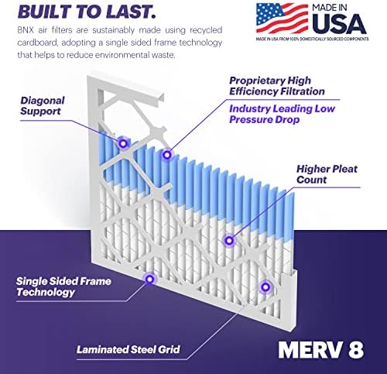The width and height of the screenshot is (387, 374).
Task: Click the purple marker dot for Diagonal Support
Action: tap(122, 142)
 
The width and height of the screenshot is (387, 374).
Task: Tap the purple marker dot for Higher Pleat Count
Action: tap(228, 240)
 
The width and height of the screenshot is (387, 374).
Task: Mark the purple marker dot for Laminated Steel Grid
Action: tap(265, 287)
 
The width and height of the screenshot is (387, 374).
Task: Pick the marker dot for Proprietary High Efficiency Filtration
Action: tap(165, 153)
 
